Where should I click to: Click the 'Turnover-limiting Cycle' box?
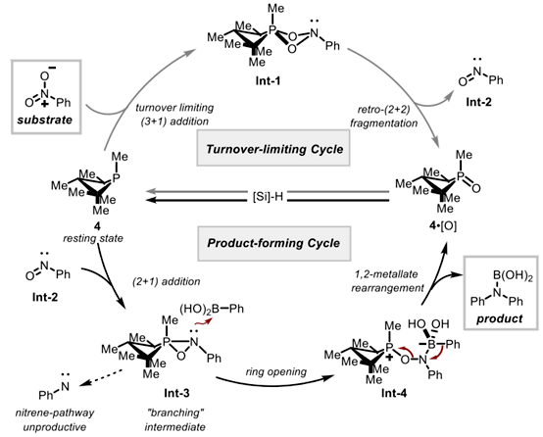(273, 148)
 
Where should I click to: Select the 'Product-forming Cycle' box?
(273, 243)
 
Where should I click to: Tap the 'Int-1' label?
(268, 80)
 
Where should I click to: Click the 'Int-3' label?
(176, 393)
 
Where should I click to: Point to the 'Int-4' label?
(394, 393)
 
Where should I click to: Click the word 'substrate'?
(45, 120)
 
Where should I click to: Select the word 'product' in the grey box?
(499, 318)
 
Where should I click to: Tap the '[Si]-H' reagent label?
(268, 197)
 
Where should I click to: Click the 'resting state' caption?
(93, 238)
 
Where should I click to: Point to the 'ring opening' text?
(276, 372)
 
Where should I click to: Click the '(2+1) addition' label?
(167, 281)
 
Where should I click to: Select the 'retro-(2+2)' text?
(383, 110)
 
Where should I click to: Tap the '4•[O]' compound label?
(444, 225)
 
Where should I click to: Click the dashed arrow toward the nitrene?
(100, 377)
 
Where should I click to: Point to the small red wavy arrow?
(202, 322)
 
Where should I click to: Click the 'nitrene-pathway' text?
(55, 413)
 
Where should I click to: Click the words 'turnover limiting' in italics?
(174, 108)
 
